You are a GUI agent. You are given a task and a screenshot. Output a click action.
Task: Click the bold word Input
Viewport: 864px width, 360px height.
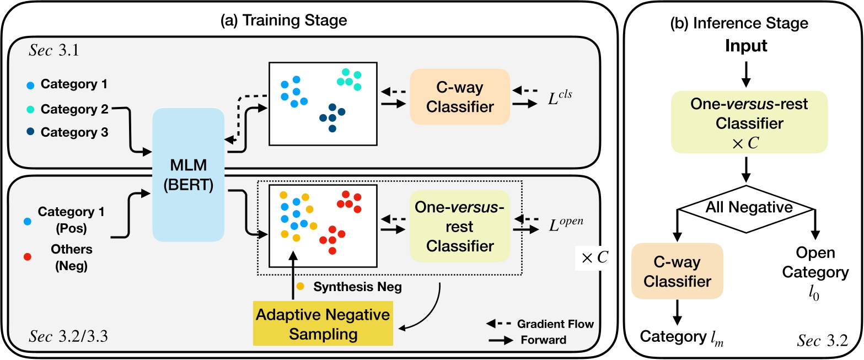click(x=745, y=46)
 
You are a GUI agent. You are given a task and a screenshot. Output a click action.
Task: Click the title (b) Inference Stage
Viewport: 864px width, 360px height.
click(x=745, y=23)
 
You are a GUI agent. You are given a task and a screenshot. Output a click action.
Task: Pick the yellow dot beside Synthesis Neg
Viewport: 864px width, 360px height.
click(x=300, y=287)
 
